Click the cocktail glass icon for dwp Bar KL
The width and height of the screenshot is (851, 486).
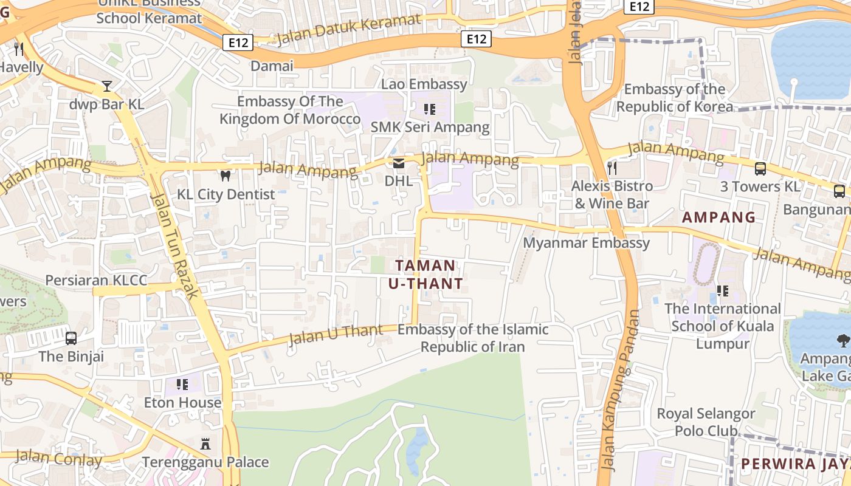coord(107,86)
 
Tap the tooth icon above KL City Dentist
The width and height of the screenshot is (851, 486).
coord(225,176)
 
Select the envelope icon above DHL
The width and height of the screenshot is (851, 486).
coord(399,163)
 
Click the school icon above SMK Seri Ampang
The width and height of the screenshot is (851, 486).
coord(430,109)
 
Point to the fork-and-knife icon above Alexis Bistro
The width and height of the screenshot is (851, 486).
coord(612,168)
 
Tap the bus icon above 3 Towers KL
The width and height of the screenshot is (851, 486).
coord(760,168)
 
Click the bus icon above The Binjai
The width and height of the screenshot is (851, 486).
coord(71,338)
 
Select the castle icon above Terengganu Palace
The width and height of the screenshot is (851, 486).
coord(205,444)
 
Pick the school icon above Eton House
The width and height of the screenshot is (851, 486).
coord(182,385)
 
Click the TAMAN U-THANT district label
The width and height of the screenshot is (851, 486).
coord(425,274)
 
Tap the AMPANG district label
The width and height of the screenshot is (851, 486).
coord(718,217)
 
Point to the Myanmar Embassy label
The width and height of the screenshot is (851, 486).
coord(587,243)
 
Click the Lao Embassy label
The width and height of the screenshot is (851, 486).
coord(424,84)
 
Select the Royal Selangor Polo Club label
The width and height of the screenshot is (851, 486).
coord(706,422)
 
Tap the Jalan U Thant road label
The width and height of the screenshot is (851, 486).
coord(336,334)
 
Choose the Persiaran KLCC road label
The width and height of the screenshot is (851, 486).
coord(97,280)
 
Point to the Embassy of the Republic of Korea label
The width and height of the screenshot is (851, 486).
coord(675,98)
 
